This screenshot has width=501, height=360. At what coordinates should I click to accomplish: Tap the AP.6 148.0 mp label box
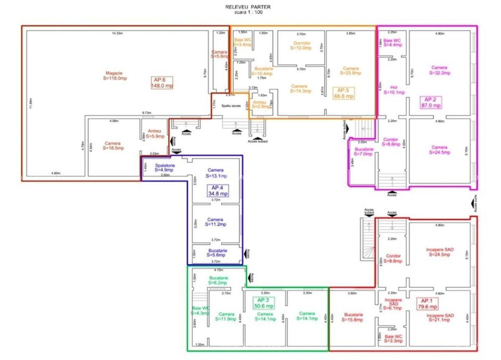coord(162,83)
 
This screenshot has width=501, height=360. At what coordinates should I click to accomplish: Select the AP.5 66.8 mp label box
coord(345,93)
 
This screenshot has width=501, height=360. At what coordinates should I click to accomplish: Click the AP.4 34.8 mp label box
coord(218,191)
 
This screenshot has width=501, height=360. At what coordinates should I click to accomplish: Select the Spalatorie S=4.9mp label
coord(164,168)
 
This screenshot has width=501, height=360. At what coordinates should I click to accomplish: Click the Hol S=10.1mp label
coord(394,90)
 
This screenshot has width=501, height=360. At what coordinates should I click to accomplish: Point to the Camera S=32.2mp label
coord(440,70)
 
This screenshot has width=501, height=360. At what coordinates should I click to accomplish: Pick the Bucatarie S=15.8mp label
coord(354,317)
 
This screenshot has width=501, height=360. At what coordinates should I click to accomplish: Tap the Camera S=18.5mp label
coord(113,146)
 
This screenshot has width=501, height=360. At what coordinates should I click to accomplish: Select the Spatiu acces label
coord(231,106)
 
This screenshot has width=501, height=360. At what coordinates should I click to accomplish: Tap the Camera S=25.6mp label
coord(351,70)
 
